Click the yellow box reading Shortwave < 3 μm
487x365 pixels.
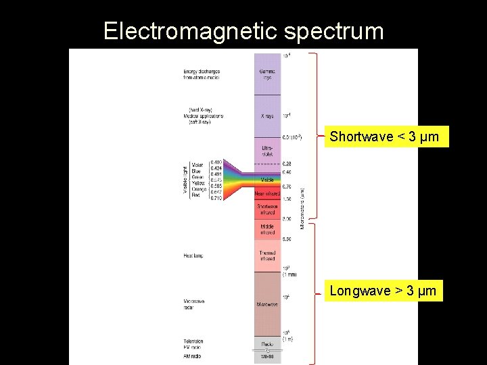[384, 137]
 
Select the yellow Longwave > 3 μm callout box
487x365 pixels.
[384, 291]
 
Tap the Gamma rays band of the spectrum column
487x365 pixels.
[267, 74]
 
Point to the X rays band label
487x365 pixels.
[267, 116]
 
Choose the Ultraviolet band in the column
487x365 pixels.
[267, 150]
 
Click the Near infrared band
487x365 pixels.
[267, 194]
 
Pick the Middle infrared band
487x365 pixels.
[267, 229]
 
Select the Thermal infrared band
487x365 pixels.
[267, 255]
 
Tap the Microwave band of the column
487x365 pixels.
[267, 304]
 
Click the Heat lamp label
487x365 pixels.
[193, 255]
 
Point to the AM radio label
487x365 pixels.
[193, 356]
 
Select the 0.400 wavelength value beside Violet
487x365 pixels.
[216, 162]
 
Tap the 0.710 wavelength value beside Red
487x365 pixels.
[216, 197]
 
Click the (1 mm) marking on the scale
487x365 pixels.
[289, 274]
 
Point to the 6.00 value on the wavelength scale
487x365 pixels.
[287, 239]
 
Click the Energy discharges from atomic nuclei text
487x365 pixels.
[202, 74]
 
